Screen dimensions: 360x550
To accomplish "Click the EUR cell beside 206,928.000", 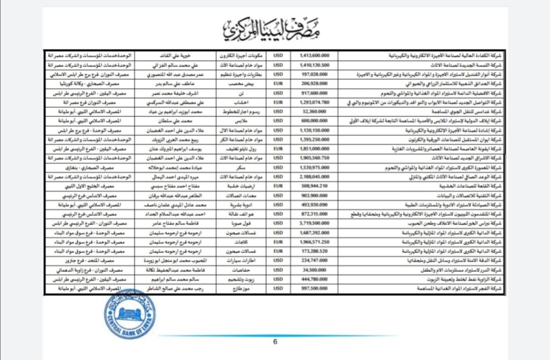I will pos(278,83).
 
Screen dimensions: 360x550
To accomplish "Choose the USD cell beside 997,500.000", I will pos(278,289).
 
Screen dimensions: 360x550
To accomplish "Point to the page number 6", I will pos(275,341).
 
